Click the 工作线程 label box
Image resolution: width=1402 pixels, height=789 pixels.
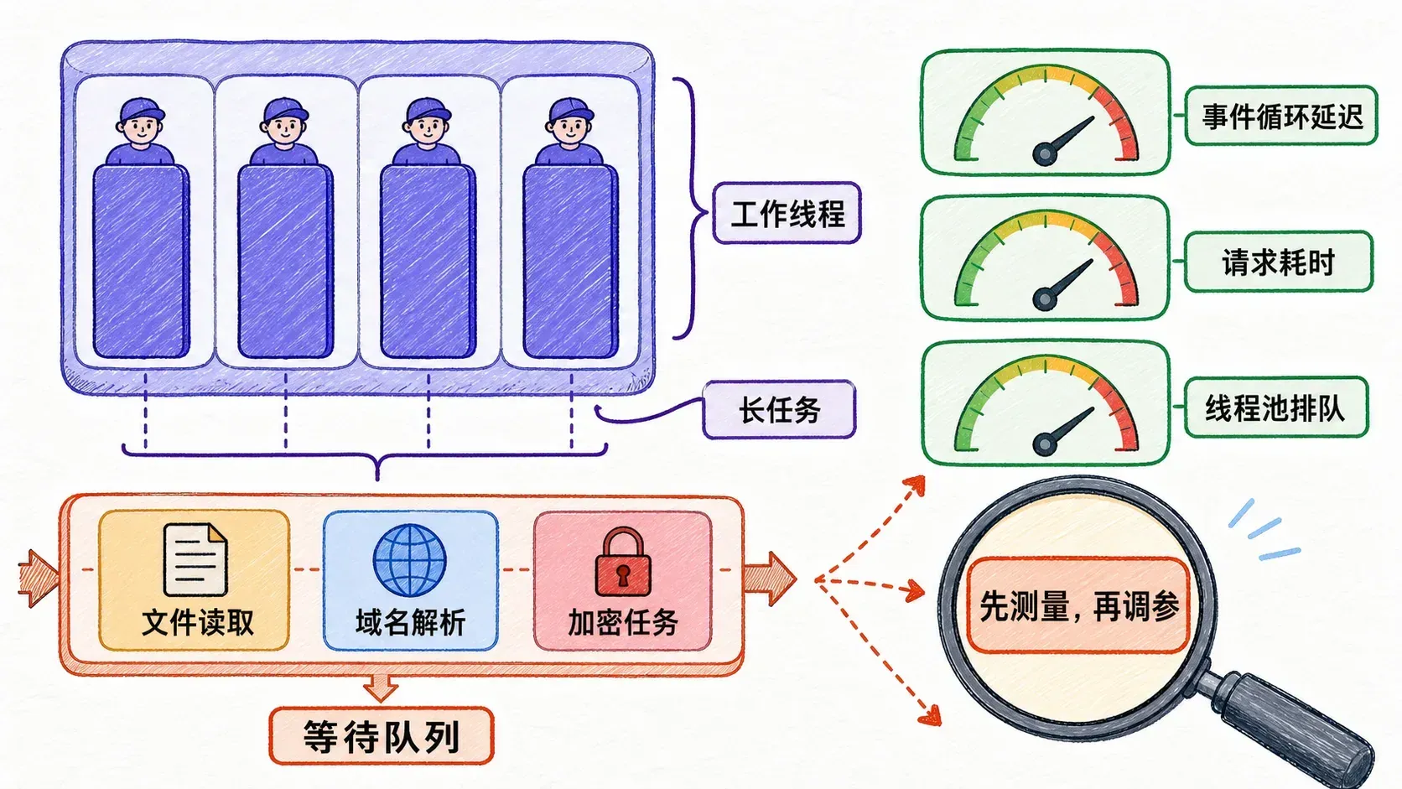pyautogui.click(x=787, y=213)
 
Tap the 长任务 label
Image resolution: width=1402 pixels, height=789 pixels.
pyautogui.click(x=779, y=410)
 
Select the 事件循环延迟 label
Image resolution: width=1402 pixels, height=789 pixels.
pyautogui.click(x=1282, y=116)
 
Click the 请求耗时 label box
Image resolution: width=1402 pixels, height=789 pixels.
pyautogui.click(x=1279, y=262)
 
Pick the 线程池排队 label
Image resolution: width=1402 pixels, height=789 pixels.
pyautogui.click(x=1275, y=407)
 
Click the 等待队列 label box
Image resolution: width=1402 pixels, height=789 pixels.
pyautogui.click(x=382, y=736)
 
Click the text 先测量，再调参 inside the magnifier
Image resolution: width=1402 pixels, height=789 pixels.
pyautogui.click(x=1079, y=606)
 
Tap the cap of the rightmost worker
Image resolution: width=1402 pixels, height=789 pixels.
pyautogui.click(x=571, y=111)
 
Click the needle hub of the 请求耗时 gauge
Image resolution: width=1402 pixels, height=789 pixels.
pyautogui.click(x=1045, y=299)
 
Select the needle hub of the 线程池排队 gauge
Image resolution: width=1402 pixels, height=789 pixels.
pyautogui.click(x=1045, y=444)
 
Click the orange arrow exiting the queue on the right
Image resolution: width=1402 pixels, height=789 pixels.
pyautogui.click(x=770, y=579)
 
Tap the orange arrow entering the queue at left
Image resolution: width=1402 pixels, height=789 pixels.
pyautogui.click(x=39, y=579)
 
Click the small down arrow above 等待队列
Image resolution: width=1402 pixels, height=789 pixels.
pyautogui.click(x=381, y=688)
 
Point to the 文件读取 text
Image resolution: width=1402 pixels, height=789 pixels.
pyautogui.click(x=197, y=623)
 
